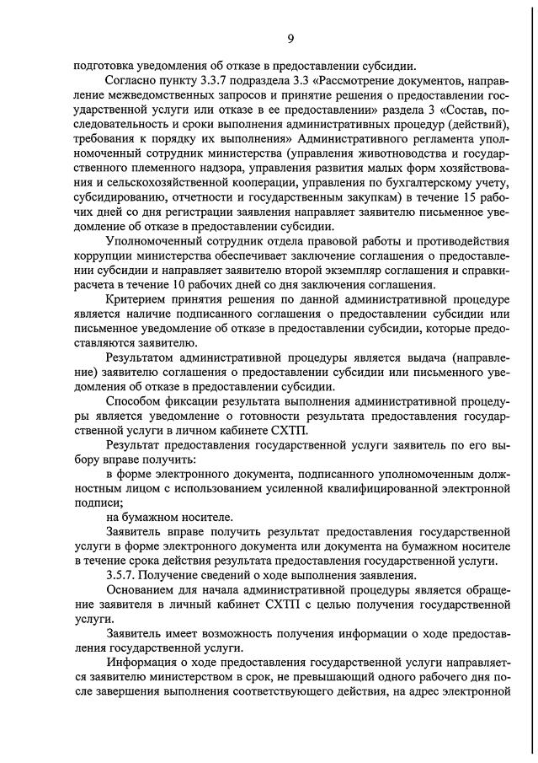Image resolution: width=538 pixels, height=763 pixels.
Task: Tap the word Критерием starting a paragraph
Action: coord(136,299)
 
